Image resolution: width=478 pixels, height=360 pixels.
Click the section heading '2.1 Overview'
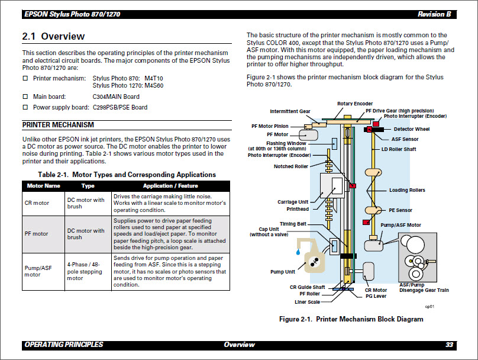(53, 36)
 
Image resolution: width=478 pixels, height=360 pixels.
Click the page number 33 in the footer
(450, 345)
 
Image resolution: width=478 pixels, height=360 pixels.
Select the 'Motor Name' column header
(44, 185)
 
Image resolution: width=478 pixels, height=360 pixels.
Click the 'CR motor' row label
(36, 202)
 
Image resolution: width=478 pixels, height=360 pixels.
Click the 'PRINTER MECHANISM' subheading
(58, 125)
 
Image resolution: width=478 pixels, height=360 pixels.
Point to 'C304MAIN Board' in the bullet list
(116, 97)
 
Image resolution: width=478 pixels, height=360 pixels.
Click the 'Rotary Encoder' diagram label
(355, 104)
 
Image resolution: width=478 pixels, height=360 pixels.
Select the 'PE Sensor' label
(401, 210)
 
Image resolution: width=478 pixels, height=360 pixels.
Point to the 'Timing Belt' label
(293, 224)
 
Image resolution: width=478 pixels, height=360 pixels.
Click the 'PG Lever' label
(376, 296)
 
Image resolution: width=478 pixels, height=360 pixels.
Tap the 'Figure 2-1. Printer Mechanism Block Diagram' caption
(351, 319)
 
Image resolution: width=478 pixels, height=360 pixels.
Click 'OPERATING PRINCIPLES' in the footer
(63, 345)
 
